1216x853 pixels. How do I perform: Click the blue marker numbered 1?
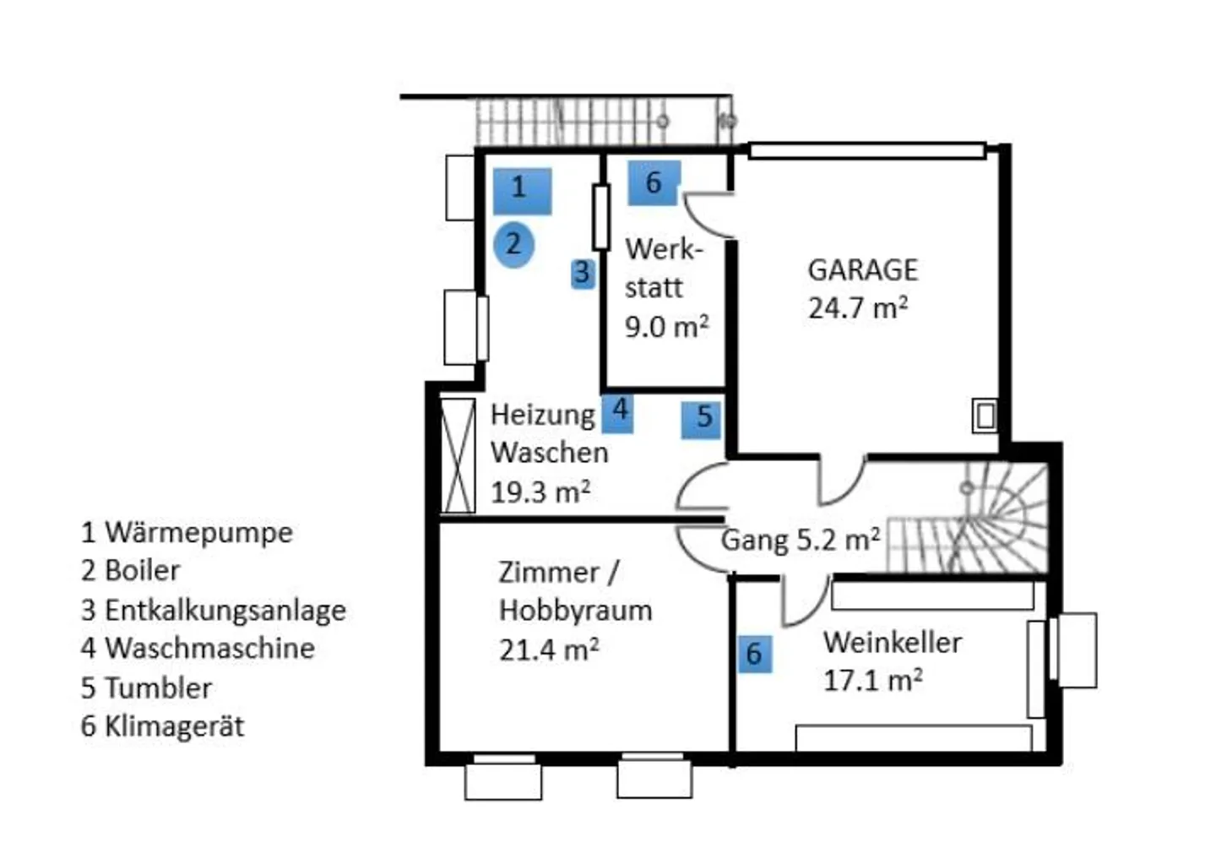522,191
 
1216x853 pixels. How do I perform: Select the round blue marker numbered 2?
513,245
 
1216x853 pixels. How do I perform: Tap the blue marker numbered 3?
582,274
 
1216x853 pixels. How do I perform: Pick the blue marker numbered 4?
618,413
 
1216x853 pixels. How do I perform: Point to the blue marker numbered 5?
702,418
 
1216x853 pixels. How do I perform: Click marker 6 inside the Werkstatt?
654,182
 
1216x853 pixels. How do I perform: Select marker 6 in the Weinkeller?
754,654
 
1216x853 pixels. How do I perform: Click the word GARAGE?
862,270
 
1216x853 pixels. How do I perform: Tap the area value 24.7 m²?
857,308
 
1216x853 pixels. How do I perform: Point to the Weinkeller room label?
892,643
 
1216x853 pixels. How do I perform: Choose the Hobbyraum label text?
575,611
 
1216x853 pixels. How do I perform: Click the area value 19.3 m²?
540,492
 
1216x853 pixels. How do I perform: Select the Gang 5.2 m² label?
800,540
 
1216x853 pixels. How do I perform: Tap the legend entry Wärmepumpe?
198,533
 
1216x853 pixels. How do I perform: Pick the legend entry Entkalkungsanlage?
225,610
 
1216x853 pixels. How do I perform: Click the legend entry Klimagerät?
173,726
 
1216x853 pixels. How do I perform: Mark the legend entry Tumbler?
157,687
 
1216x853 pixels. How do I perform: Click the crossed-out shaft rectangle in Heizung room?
459,455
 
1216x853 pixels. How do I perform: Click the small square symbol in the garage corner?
985,416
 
